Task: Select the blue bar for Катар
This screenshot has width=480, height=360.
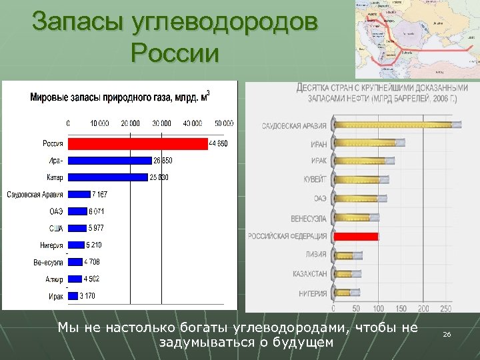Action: click(107, 177)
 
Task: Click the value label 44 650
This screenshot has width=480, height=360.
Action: click(219, 144)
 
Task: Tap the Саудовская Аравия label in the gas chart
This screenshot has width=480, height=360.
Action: click(35, 195)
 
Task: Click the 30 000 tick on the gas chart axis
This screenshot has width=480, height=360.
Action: click(161, 123)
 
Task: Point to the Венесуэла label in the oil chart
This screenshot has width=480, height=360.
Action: click(309, 218)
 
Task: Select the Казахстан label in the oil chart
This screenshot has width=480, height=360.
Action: click(309, 274)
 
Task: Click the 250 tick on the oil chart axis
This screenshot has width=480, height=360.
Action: click(445, 309)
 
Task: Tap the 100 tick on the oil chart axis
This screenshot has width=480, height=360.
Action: click(378, 309)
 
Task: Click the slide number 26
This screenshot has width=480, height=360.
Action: click(447, 333)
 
